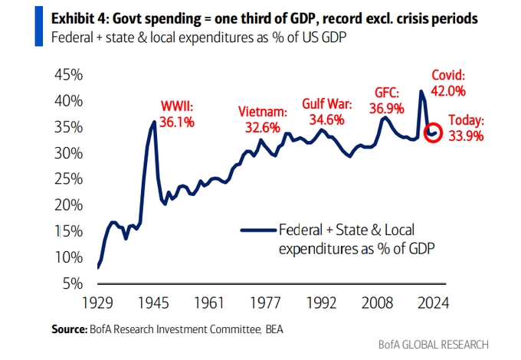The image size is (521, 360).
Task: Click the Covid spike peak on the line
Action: pyautogui.click(x=421, y=91)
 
